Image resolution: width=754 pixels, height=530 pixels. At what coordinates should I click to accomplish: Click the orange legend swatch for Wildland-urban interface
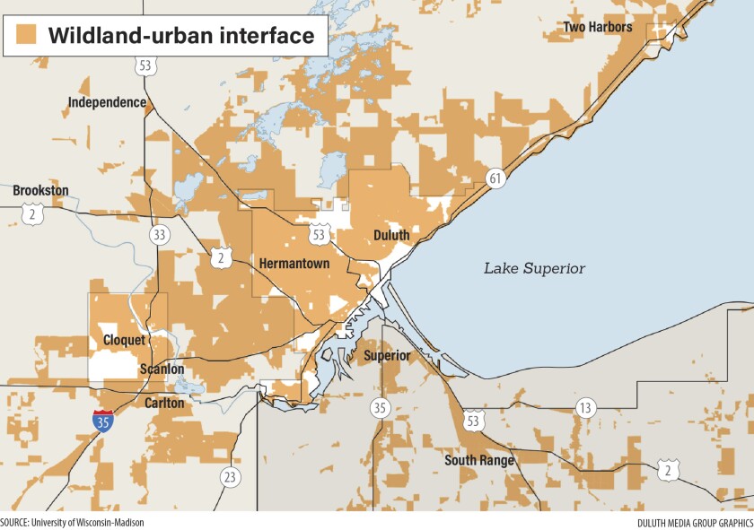click(27, 35)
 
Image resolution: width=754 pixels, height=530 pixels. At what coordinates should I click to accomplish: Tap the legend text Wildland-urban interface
click(180, 36)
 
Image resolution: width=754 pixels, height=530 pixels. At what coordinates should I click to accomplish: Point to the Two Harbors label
click(597, 27)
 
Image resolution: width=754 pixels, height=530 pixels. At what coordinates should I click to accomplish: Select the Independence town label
click(107, 102)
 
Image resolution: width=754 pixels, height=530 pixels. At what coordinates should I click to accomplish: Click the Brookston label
click(40, 190)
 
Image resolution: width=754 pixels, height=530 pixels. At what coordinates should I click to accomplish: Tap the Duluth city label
click(390, 235)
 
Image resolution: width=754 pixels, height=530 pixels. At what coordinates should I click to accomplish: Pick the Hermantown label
click(294, 264)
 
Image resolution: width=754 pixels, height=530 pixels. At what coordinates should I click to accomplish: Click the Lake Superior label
click(534, 268)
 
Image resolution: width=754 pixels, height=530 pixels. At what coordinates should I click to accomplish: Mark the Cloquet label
click(124, 340)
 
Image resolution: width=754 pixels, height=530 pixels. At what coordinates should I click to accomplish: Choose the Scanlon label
click(162, 369)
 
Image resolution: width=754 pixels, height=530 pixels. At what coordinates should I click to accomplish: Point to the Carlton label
click(164, 403)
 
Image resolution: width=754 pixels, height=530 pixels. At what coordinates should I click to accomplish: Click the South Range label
click(479, 461)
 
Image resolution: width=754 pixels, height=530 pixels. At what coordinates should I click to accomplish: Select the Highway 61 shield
click(495, 178)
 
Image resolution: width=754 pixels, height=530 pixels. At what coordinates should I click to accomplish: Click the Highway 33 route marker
click(159, 235)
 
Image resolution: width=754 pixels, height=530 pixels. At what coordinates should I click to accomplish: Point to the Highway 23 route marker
click(230, 476)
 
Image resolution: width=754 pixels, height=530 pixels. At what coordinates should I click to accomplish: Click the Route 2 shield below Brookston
click(33, 214)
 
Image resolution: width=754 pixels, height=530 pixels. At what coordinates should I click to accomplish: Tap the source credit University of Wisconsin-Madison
click(72, 522)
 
